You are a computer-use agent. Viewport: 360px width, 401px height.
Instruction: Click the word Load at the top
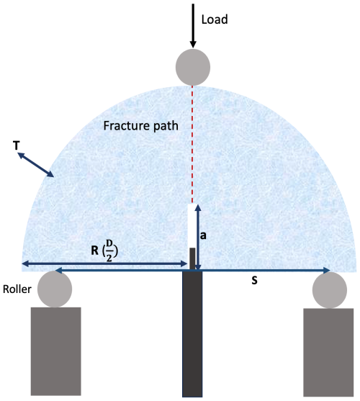pyautogui.click(x=215, y=19)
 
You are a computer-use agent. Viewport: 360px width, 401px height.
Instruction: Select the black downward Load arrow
pyautogui.click(x=193, y=26)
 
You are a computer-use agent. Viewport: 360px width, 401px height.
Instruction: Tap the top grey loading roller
pyautogui.click(x=193, y=67)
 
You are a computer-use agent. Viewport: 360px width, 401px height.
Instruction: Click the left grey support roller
pyautogui.click(x=55, y=289)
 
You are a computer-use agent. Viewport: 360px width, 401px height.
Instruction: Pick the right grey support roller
pyautogui.click(x=330, y=290)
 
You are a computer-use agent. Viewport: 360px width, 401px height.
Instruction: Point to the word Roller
pyautogui.click(x=17, y=289)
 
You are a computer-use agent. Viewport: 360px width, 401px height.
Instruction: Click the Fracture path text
pyautogui.click(x=140, y=126)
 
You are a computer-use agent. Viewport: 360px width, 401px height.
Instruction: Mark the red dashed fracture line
pyautogui.click(x=192, y=145)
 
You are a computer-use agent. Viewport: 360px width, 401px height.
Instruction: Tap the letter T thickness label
pyautogui.click(x=16, y=145)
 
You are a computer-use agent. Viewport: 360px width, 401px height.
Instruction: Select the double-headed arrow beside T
pyautogui.click(x=35, y=164)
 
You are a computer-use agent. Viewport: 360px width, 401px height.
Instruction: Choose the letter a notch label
pyautogui.click(x=203, y=235)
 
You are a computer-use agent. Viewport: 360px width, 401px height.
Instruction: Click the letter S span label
pyautogui.click(x=254, y=281)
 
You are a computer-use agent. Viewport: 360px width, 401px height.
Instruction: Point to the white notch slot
pyautogui.click(x=192, y=226)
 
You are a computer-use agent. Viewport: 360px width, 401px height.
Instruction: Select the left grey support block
pyautogui.click(x=56, y=351)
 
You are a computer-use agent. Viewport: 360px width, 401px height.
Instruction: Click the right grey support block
pyautogui.click(x=328, y=353)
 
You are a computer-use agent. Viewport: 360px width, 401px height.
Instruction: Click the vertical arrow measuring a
pyautogui.click(x=198, y=237)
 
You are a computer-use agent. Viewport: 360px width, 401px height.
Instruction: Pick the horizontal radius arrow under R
pyautogui.click(x=105, y=263)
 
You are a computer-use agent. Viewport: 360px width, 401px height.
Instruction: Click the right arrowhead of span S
pyautogui.click(x=327, y=270)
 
